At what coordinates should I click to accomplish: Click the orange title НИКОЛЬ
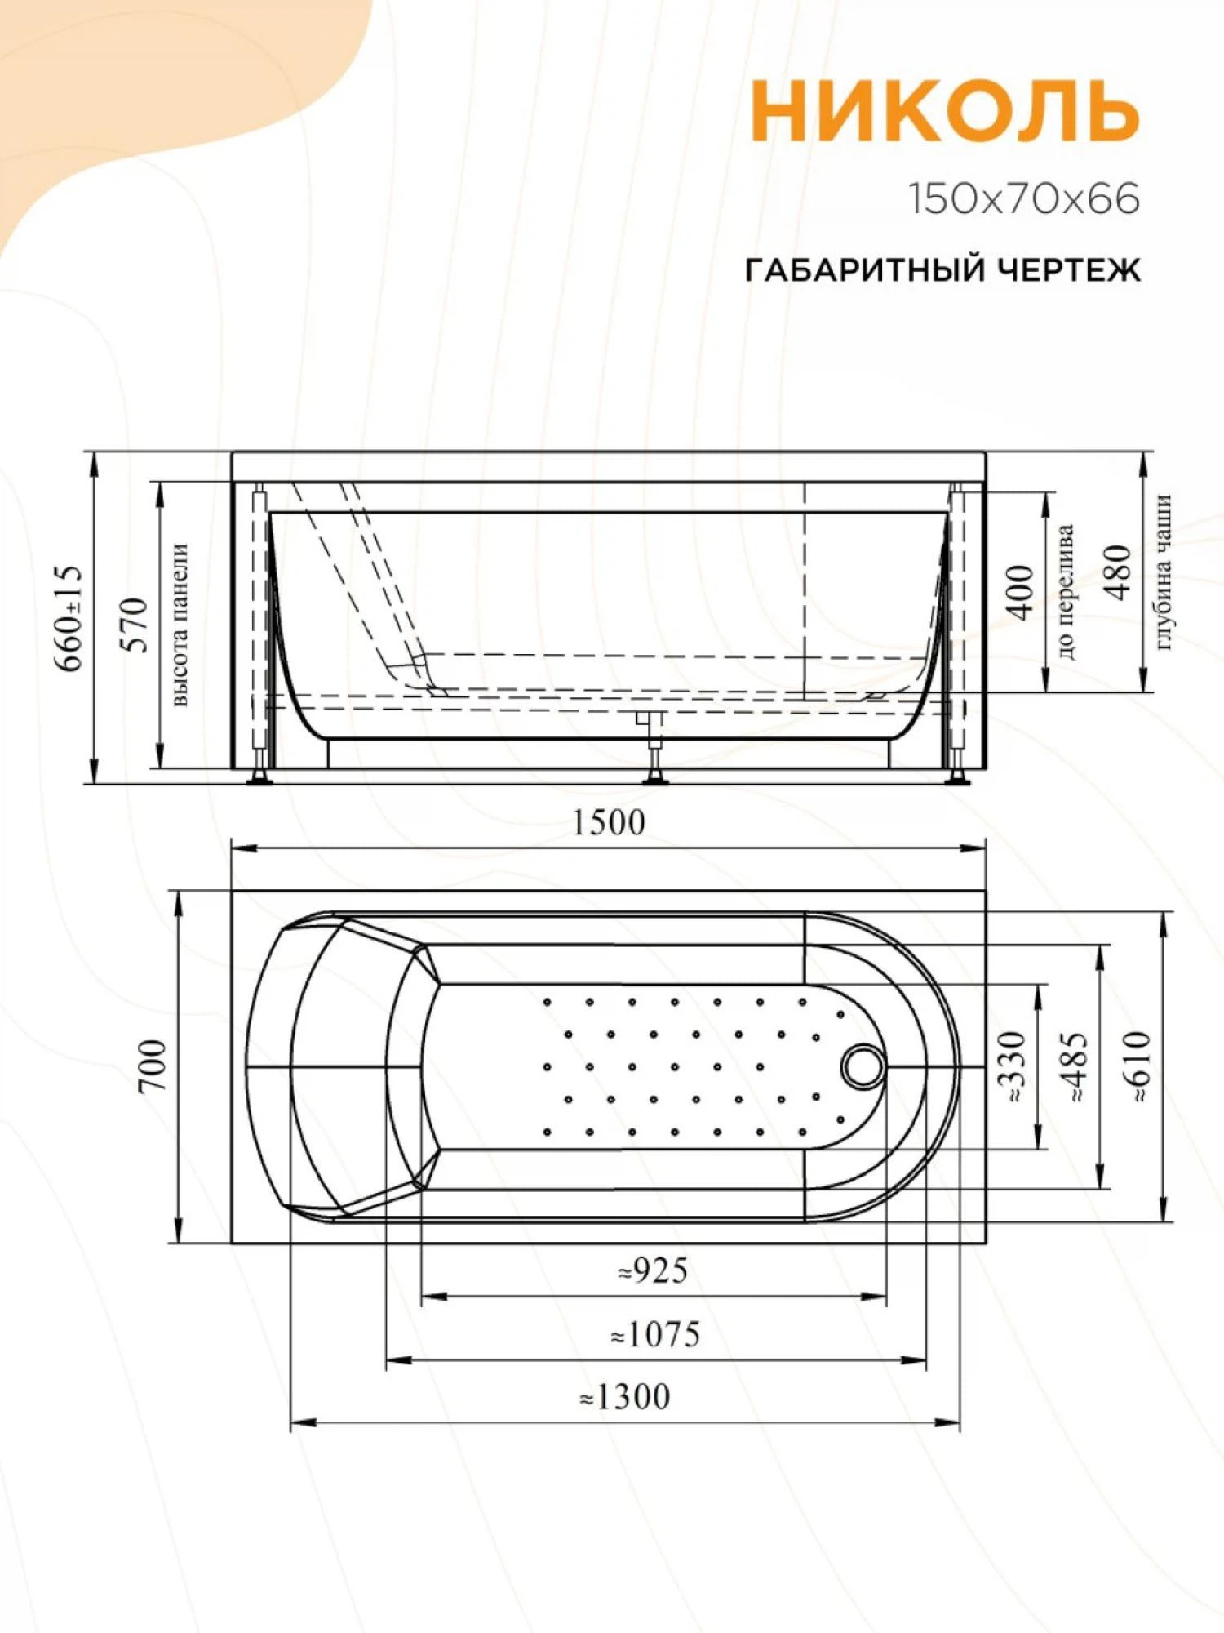click(944, 111)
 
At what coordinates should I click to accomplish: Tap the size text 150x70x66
click(1024, 200)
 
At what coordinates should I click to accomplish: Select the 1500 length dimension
click(608, 823)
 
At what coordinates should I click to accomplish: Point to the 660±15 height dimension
click(69, 617)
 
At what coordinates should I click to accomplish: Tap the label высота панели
click(180, 625)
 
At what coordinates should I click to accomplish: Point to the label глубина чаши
click(1164, 572)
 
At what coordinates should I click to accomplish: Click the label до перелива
click(1066, 592)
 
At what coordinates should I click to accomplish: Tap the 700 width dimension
click(153, 1066)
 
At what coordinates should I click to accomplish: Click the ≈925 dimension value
click(653, 1271)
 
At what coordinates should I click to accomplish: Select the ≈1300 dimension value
click(625, 1397)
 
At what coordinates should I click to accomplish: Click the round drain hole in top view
click(863, 1066)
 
